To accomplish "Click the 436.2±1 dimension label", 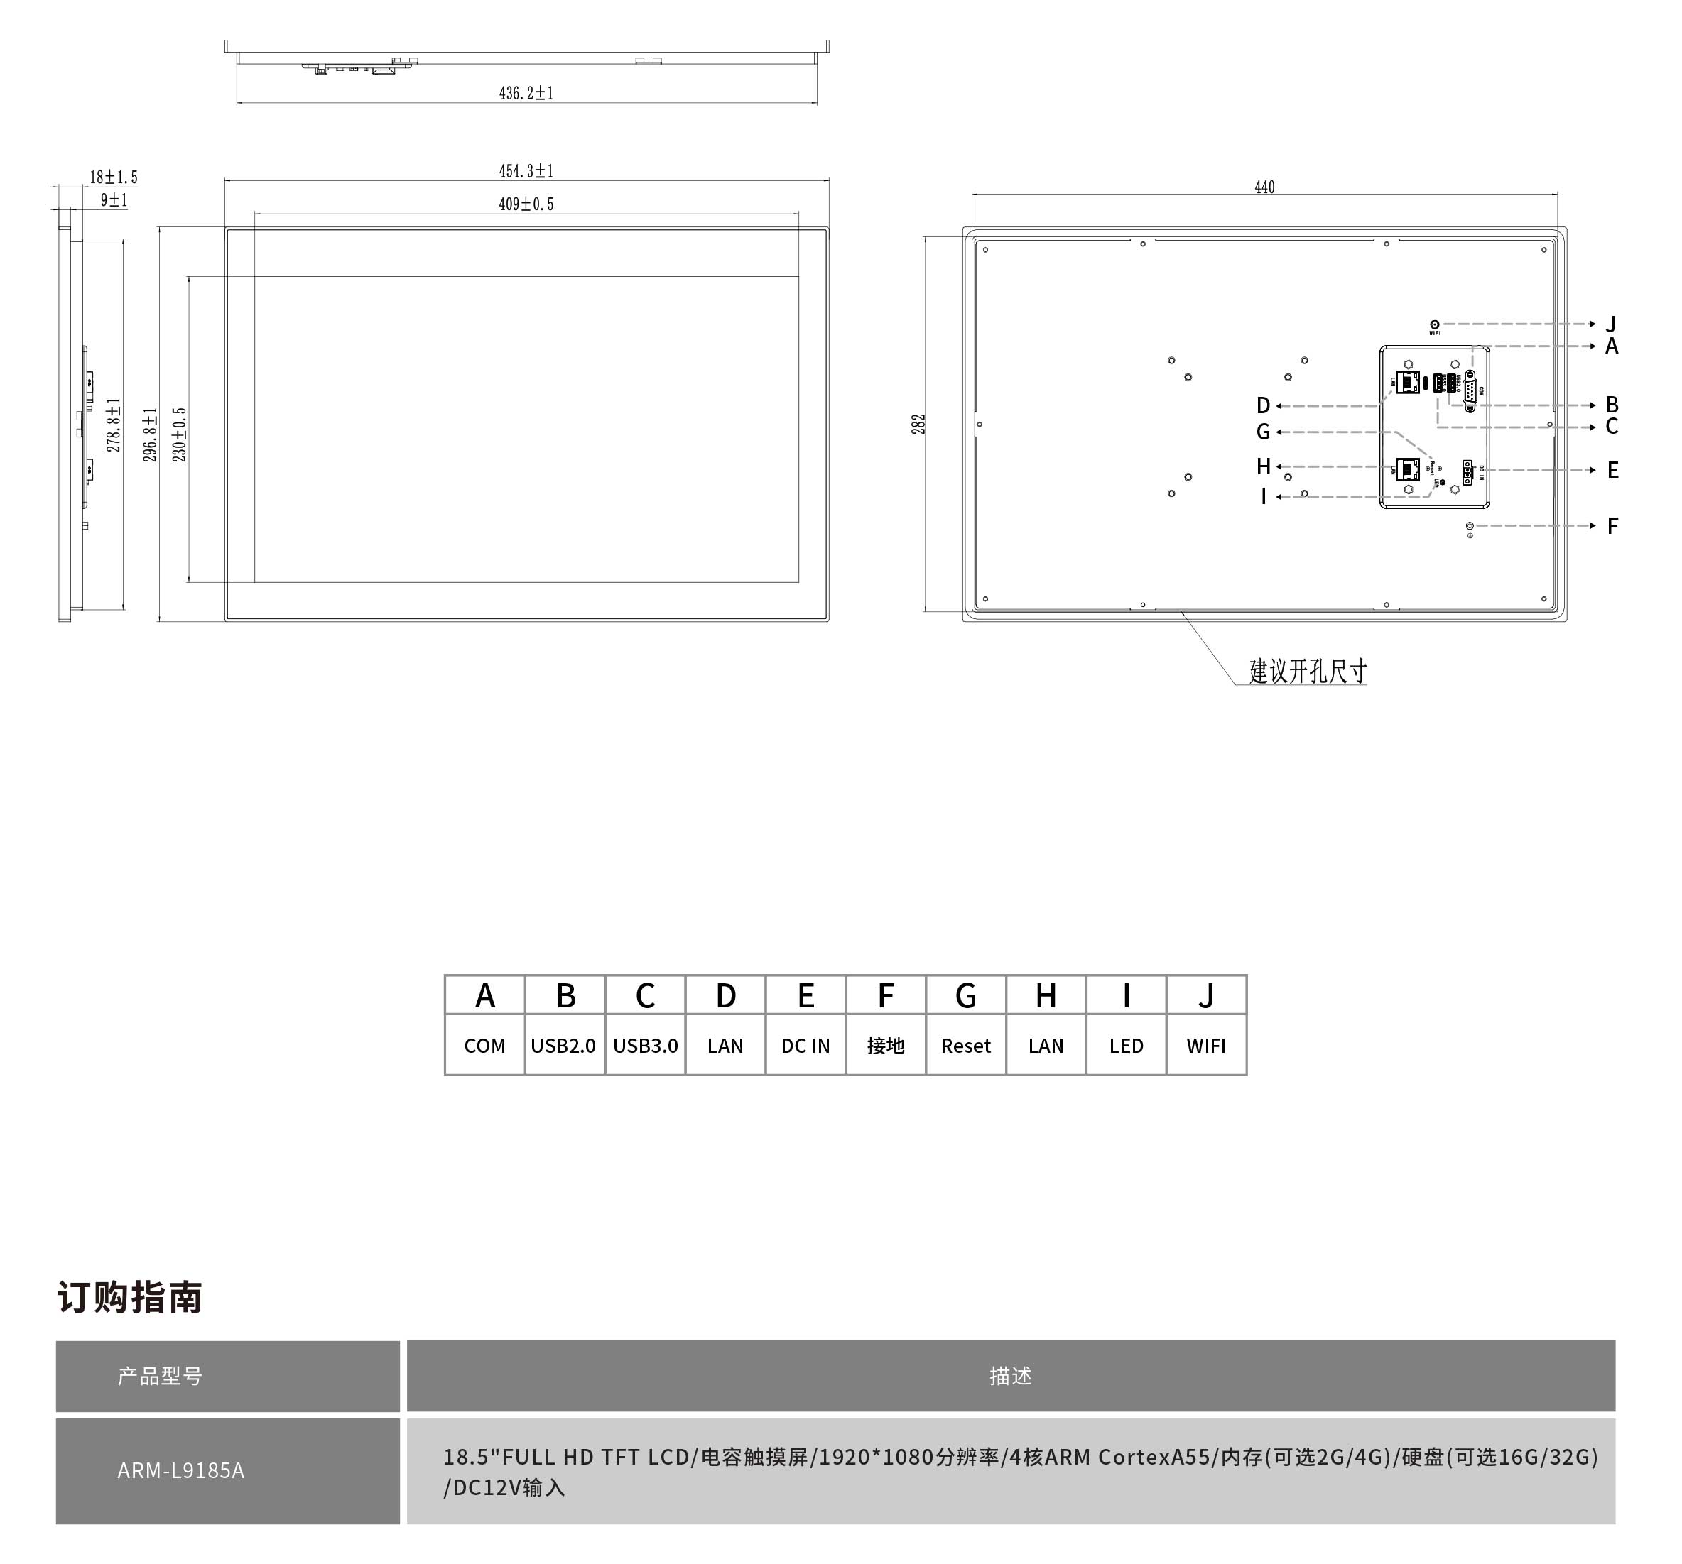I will (526, 93).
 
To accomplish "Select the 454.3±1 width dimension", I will (526, 171).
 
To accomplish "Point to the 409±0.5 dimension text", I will (526, 204).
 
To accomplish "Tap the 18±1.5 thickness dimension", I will (114, 177).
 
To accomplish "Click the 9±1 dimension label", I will (114, 200).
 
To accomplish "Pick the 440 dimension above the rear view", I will (1264, 187).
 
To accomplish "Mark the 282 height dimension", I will (918, 424).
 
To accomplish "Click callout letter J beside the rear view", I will (1611, 324).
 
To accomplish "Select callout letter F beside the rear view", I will (1612, 526).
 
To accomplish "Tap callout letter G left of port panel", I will (1263, 432).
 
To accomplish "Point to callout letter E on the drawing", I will (1612, 470).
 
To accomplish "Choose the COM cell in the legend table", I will (485, 1046).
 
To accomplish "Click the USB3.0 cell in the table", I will (645, 1046).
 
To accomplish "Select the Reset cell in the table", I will (965, 1046).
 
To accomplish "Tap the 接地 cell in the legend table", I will (885, 1046).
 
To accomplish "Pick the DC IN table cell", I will (805, 1046).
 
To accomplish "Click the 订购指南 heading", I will (129, 1298).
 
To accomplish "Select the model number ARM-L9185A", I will (181, 1471).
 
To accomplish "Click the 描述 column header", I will (1010, 1376).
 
